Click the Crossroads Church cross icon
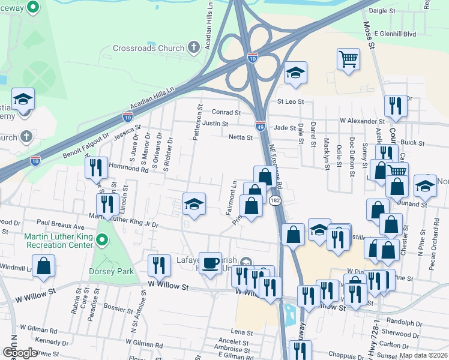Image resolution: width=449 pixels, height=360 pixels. [x=193, y=47]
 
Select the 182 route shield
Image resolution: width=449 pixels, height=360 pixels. [x=275, y=200]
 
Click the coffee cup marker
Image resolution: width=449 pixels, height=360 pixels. [x=210, y=263]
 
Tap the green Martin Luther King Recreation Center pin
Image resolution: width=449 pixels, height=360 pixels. [x=101, y=241]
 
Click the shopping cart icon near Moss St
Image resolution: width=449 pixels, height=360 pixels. [x=348, y=59]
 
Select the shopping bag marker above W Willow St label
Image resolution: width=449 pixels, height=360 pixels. [x=43, y=265]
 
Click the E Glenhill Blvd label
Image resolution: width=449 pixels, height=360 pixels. [x=394, y=34]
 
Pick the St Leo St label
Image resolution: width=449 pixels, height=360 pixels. [x=291, y=101]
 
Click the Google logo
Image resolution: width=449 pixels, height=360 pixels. [x=20, y=353]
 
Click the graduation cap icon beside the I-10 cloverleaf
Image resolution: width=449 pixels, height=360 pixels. [x=295, y=73]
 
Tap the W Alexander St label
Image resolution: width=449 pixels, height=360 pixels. [x=362, y=121]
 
